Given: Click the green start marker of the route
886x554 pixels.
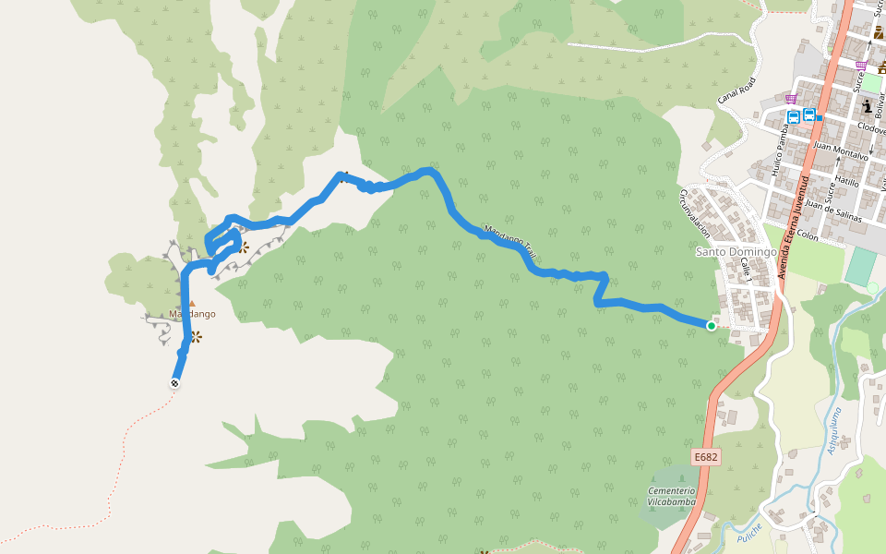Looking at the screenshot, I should point(712,326).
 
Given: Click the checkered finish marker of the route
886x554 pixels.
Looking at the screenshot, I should point(174,382).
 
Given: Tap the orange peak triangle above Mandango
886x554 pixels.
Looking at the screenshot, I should point(192,303).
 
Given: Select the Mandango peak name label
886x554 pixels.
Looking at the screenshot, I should point(192,314).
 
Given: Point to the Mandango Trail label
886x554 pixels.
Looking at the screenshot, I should point(510,242).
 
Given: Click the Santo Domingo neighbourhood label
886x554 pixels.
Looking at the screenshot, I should point(736,252).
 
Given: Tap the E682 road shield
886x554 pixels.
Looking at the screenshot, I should point(706,457).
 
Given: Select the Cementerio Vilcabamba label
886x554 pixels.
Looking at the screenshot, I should point(671,496).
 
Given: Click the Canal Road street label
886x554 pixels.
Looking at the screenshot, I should point(736,90).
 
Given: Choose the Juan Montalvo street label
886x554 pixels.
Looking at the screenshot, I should point(843,151).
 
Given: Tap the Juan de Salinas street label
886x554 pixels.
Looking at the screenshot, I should point(832,211).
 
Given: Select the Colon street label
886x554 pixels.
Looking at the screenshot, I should point(808,235).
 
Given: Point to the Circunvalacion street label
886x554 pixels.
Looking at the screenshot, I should point(695,213).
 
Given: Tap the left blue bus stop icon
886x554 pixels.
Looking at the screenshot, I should point(794,116).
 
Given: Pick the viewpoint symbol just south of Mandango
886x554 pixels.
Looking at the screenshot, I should point(196,337).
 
